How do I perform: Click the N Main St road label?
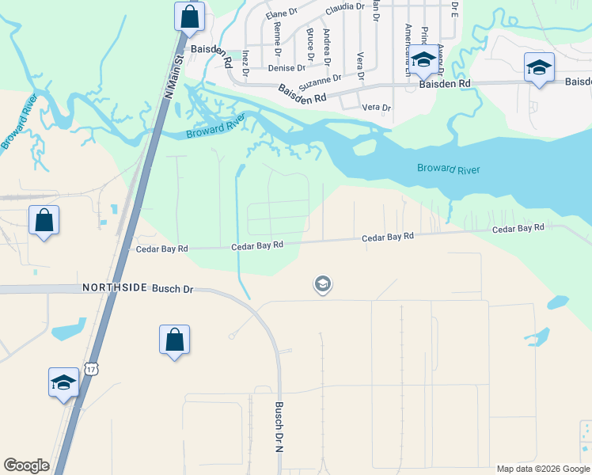click(x=173, y=72)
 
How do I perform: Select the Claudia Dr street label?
click(x=345, y=7)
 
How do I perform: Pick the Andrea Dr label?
click(x=328, y=44)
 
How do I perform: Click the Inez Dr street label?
click(x=245, y=63)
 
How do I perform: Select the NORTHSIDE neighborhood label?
click(x=115, y=288)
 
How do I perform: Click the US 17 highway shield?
click(x=93, y=370)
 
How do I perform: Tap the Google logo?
click(x=26, y=465)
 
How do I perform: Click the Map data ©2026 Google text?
click(x=542, y=469)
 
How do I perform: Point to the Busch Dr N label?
click(x=279, y=427)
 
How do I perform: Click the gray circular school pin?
click(x=322, y=283)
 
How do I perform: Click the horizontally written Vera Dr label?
click(x=376, y=108)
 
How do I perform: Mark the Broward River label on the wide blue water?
click(x=448, y=169)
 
